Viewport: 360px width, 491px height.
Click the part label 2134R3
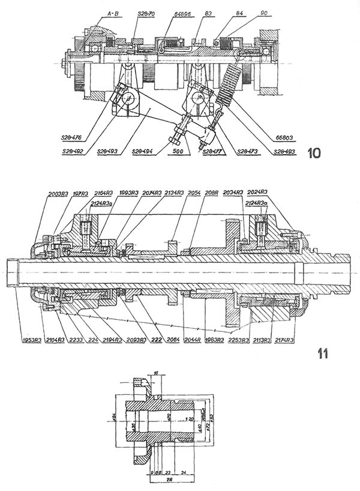(x=174, y=193)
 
